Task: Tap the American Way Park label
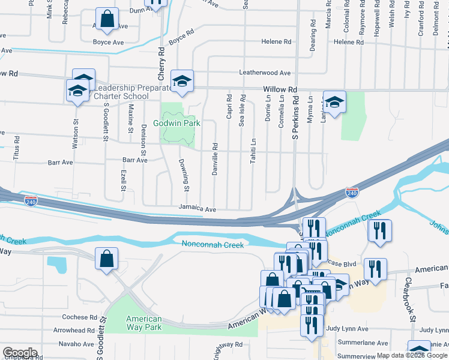point(144,323)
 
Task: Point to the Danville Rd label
point(214,158)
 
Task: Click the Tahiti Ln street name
point(253,149)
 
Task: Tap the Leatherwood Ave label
point(265,73)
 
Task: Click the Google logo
point(19,353)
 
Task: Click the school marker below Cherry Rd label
point(181,80)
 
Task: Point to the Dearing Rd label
point(313,36)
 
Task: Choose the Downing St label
point(186,172)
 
